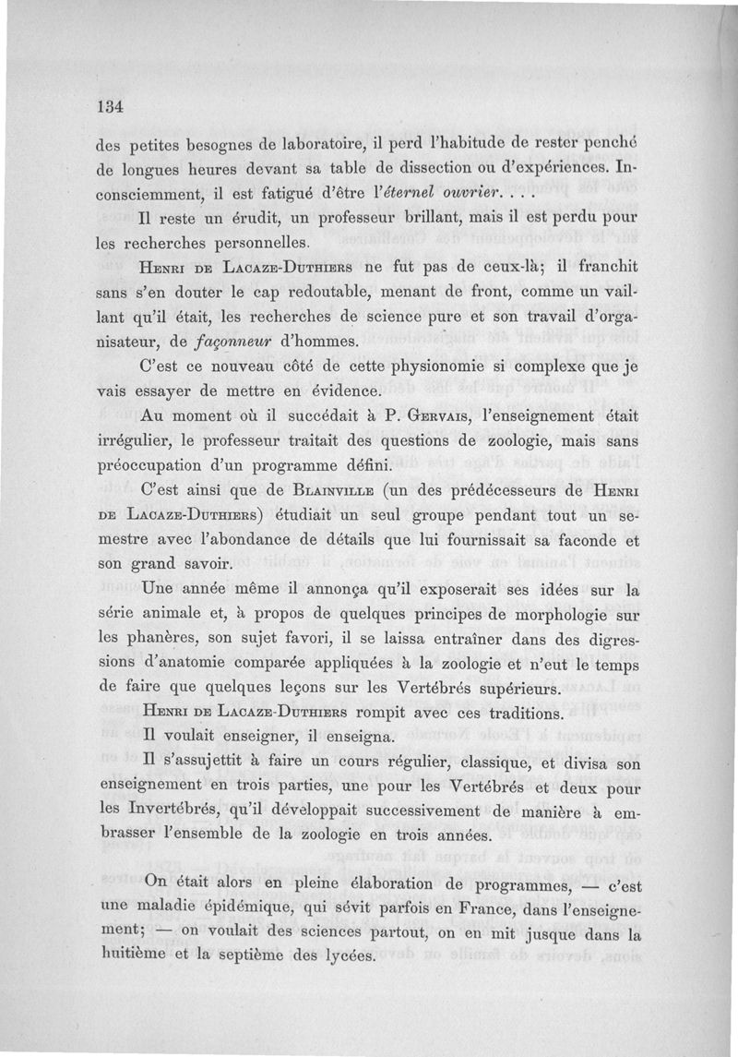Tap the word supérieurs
tap(512, 690)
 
